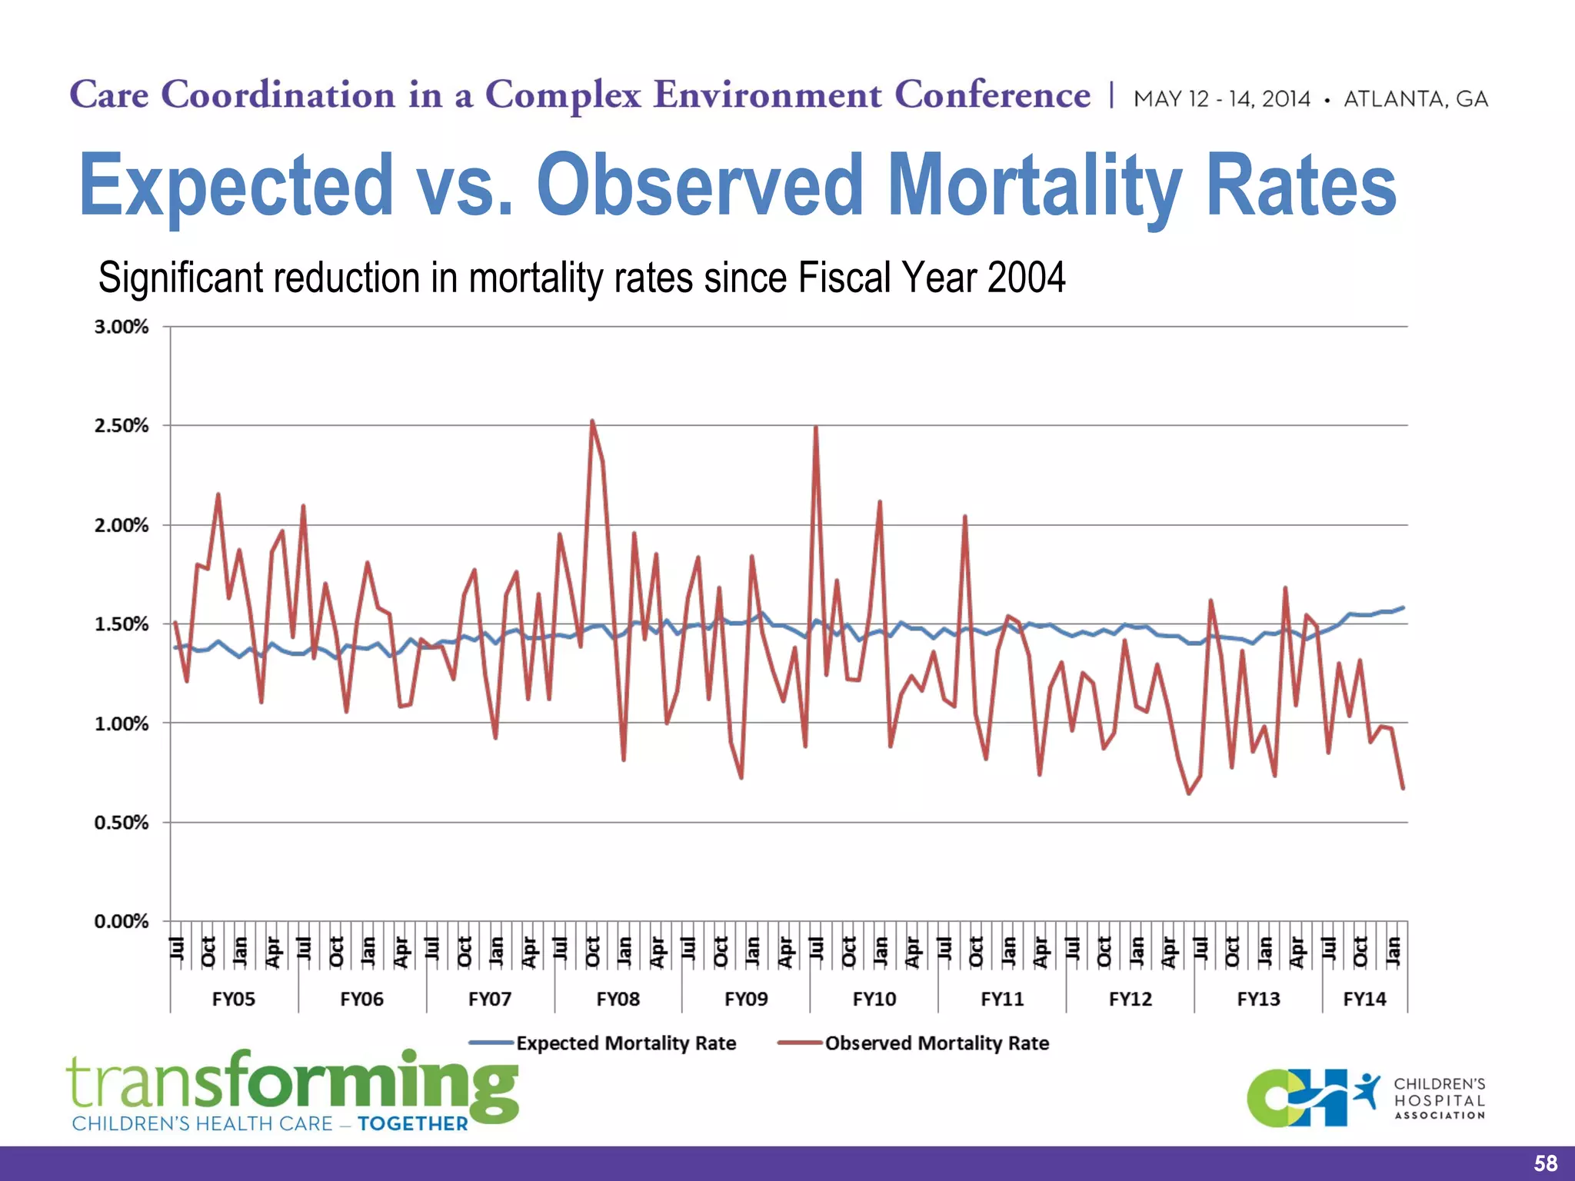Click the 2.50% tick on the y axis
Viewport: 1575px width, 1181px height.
pyautogui.click(x=122, y=426)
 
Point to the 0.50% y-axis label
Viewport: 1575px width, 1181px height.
pyautogui.click(x=122, y=823)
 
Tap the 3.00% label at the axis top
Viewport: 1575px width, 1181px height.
pyautogui.click(x=122, y=327)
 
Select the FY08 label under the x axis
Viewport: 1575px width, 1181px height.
pyautogui.click(x=618, y=999)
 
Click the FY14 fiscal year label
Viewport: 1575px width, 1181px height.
pyautogui.click(x=1364, y=999)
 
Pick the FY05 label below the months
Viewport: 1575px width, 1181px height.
pyautogui.click(x=233, y=999)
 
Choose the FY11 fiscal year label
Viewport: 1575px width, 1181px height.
pyautogui.click(x=1002, y=999)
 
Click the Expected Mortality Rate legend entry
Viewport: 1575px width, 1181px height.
pyautogui.click(x=625, y=1043)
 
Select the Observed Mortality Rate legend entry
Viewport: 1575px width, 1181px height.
pyautogui.click(x=936, y=1043)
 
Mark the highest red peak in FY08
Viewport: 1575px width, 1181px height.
pyautogui.click(x=591, y=421)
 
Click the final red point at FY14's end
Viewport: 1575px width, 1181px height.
pyautogui.click(x=1403, y=788)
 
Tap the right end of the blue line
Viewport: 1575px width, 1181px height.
pyautogui.click(x=1403, y=607)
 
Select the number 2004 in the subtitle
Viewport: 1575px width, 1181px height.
pyautogui.click(x=1026, y=278)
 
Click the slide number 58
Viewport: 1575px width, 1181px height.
pyautogui.click(x=1545, y=1163)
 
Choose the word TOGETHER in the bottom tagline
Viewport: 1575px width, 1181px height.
pyautogui.click(x=413, y=1124)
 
